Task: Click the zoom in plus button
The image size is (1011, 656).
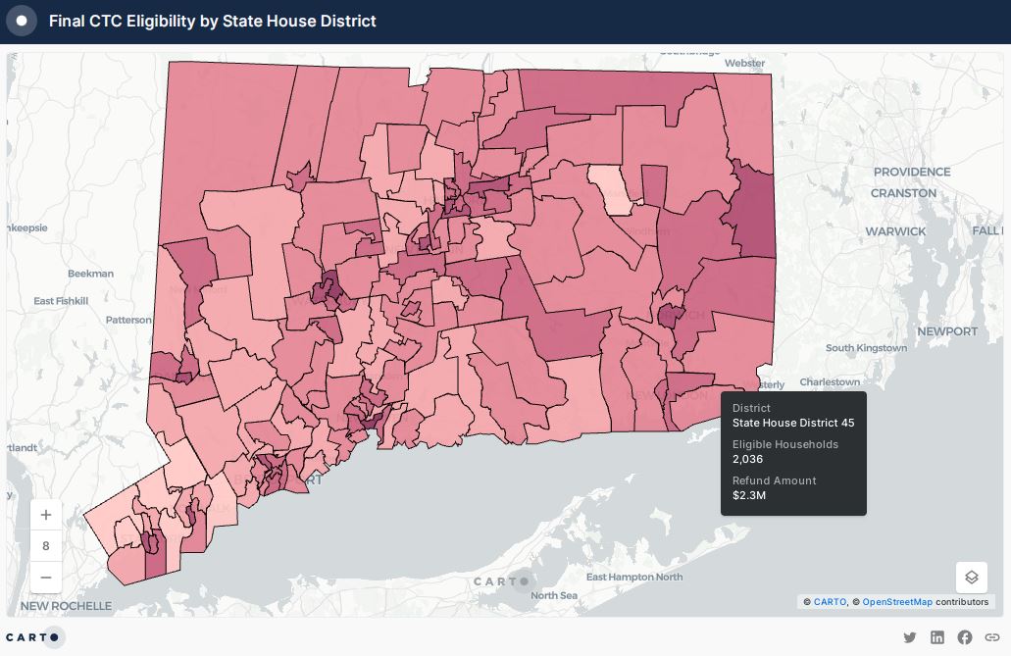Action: pyautogui.click(x=46, y=515)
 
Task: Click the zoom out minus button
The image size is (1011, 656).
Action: pyautogui.click(x=46, y=577)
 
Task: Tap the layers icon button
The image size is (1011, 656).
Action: pyautogui.click(x=972, y=578)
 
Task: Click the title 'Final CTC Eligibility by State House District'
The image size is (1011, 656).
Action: pyautogui.click(x=212, y=21)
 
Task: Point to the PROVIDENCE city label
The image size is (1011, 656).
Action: pyautogui.click(x=912, y=172)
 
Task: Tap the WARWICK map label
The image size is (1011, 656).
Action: pyautogui.click(x=894, y=231)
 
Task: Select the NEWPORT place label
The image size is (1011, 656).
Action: pyautogui.click(x=946, y=331)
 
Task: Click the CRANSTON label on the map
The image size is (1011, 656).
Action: pyautogui.click(x=903, y=193)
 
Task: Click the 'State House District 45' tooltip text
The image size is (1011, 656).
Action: pyautogui.click(x=793, y=423)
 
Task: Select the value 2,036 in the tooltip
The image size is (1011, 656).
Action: pyautogui.click(x=747, y=459)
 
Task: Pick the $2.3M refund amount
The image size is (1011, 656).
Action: pyautogui.click(x=749, y=495)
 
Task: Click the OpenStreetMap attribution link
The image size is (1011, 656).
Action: pyautogui.click(x=897, y=601)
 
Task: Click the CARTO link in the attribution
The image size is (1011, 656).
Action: pyautogui.click(x=830, y=601)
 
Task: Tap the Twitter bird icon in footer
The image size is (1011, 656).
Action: pyautogui.click(x=910, y=637)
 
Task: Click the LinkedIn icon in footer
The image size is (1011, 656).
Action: pyautogui.click(x=937, y=637)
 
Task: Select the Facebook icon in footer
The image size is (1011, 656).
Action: pyautogui.click(x=965, y=637)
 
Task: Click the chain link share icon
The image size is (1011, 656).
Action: pyautogui.click(x=991, y=637)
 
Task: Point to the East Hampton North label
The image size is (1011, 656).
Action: pyautogui.click(x=634, y=577)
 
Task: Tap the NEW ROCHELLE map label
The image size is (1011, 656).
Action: pyautogui.click(x=66, y=606)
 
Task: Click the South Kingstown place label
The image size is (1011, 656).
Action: pyautogui.click(x=866, y=348)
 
